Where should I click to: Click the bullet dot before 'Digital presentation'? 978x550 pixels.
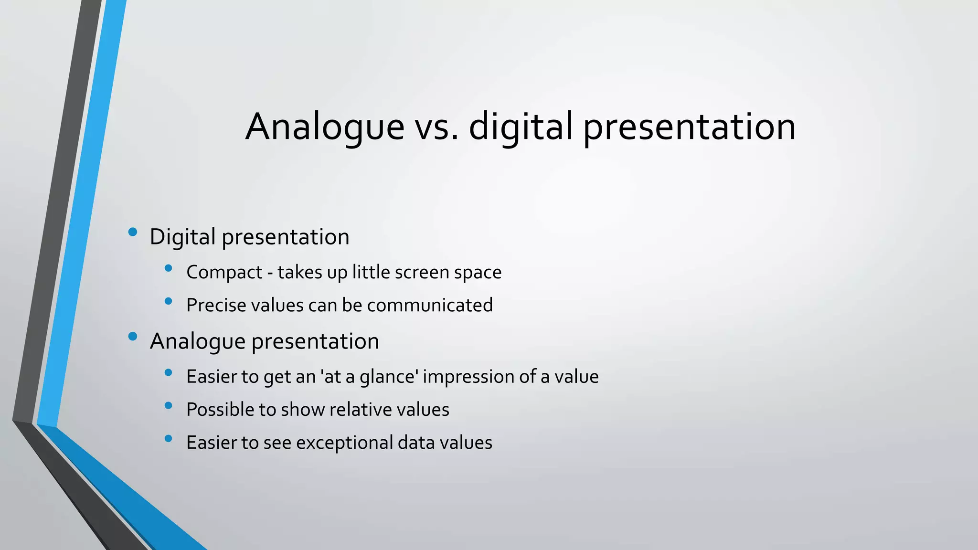click(133, 233)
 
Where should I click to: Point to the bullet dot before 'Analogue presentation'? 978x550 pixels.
click(133, 337)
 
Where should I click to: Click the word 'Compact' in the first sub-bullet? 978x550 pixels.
click(224, 273)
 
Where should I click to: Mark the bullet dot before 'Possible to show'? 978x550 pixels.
click(168, 406)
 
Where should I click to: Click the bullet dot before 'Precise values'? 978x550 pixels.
click(168, 301)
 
